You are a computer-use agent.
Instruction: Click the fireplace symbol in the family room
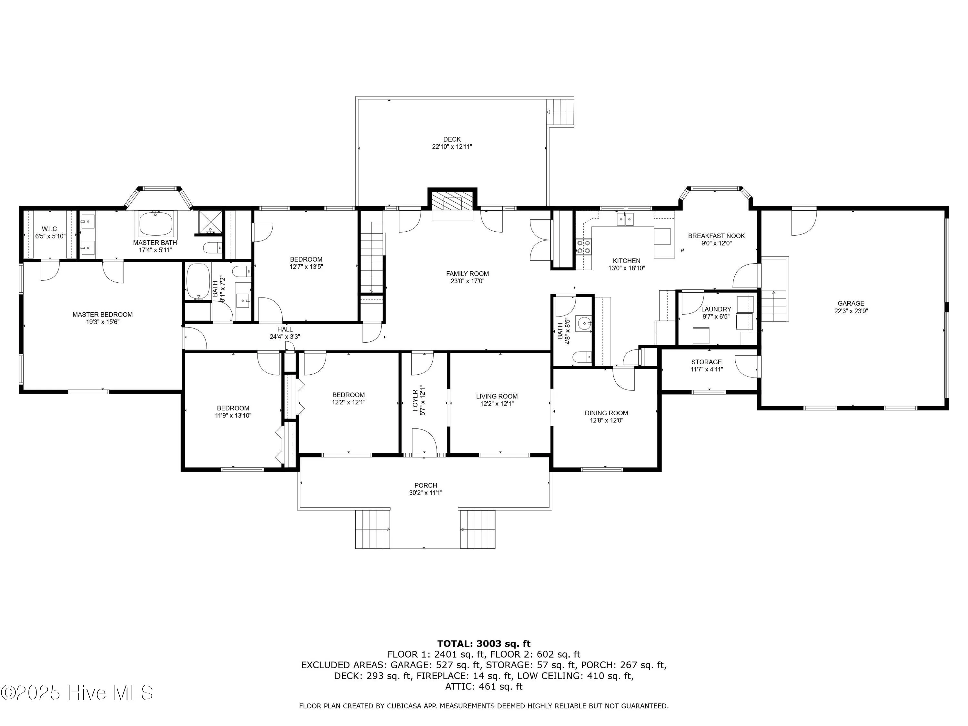click(x=452, y=204)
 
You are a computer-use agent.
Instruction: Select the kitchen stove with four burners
click(x=583, y=247)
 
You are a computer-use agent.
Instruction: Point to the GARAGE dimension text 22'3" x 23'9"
click(x=851, y=311)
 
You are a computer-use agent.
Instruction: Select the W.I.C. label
click(x=50, y=229)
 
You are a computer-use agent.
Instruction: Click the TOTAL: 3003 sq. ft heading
click(x=484, y=643)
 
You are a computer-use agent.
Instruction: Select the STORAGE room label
click(x=706, y=362)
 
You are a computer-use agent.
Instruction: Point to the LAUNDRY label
click(x=716, y=309)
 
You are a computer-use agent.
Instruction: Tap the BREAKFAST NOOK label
click(x=716, y=236)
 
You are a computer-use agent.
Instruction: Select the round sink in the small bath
click(x=584, y=323)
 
